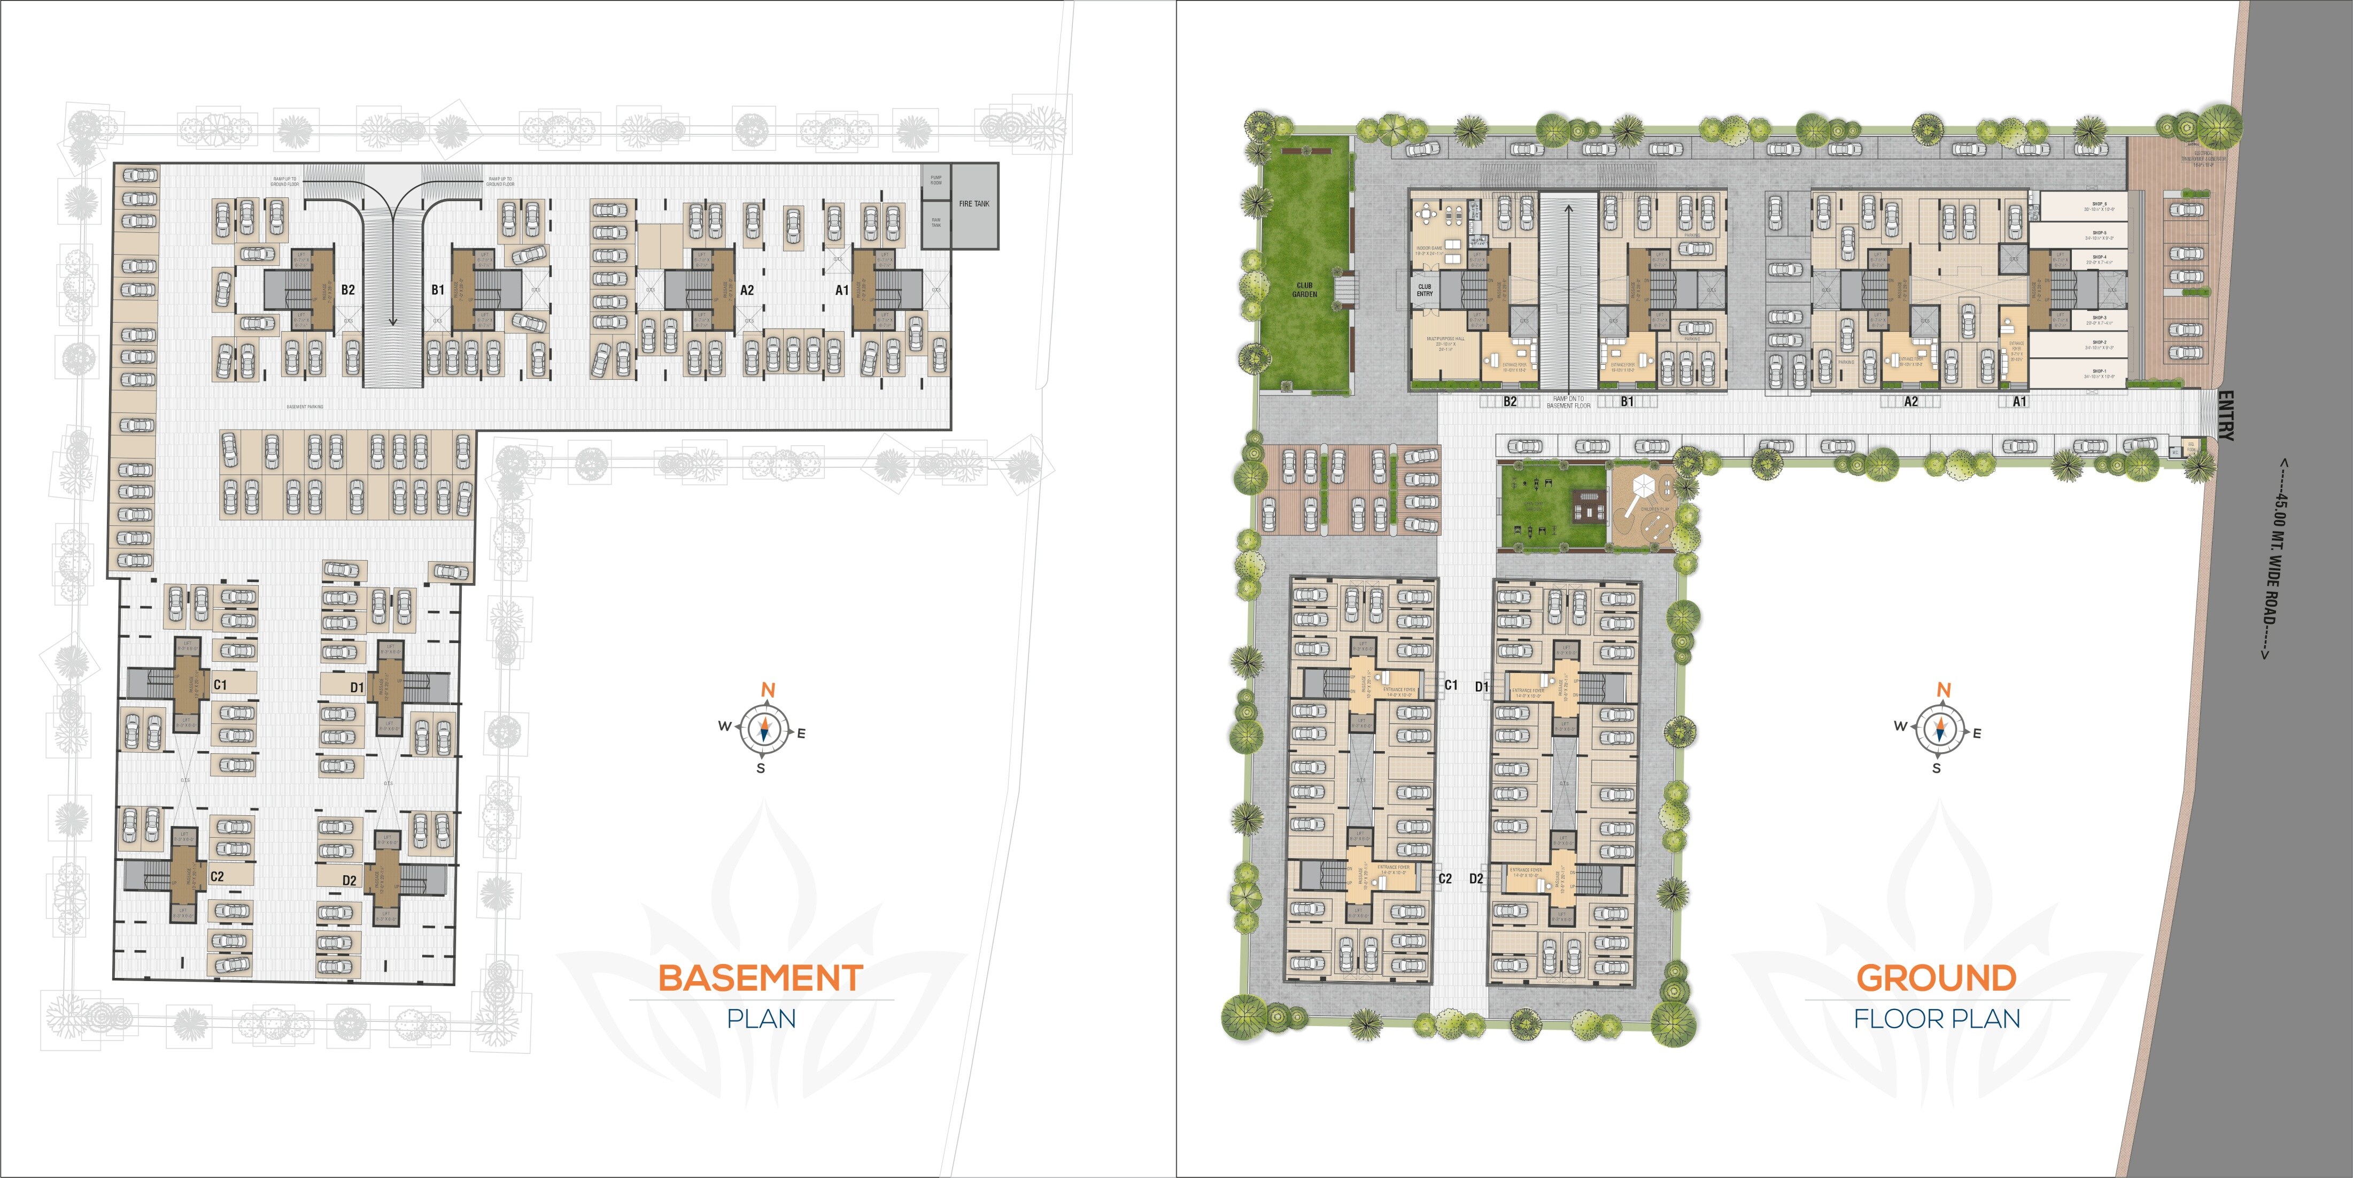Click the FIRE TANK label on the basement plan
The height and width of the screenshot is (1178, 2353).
pos(974,204)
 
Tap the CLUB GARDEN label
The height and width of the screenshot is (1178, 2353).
pos(1304,290)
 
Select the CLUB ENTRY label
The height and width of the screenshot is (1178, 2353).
pos(1424,290)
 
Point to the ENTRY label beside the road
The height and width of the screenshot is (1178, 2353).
pos(2225,416)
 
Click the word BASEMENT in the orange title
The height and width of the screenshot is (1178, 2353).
pos(760,978)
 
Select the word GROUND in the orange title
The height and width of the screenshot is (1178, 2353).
pos(1936,978)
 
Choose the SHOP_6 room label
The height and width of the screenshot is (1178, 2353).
pos(2099,205)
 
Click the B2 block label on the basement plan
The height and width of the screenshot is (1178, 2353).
pos(348,290)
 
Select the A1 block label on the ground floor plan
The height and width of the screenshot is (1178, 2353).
pos(2019,401)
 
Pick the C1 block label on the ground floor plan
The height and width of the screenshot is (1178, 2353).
pos(1451,685)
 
